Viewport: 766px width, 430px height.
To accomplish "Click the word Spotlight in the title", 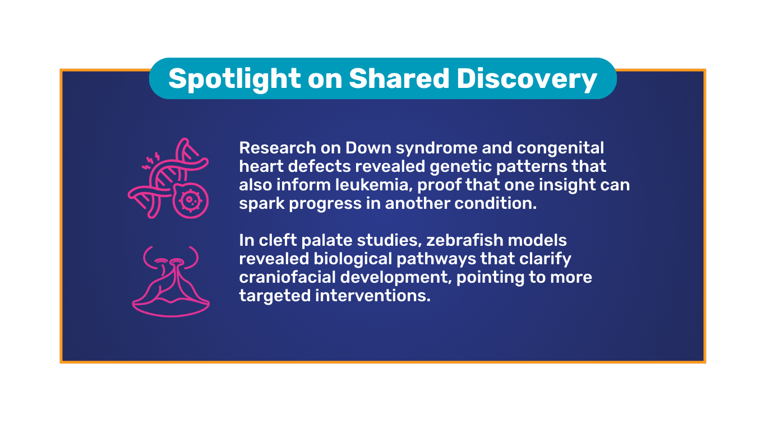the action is pyautogui.click(x=234, y=80).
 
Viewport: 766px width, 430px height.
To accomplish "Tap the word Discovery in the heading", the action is pyautogui.click(x=527, y=80).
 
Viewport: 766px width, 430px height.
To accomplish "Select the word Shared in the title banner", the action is pyautogui.click(x=399, y=78).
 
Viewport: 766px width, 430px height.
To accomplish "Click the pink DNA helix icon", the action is pyautogui.click(x=168, y=177).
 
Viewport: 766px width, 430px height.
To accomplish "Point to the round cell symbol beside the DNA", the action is pyautogui.click(x=191, y=200).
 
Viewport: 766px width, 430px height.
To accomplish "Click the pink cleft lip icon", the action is pyautogui.click(x=171, y=282).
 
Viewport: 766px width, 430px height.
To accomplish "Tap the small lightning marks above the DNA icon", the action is pyautogui.click(x=151, y=161).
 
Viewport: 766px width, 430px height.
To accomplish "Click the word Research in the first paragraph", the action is pyautogui.click(x=278, y=148).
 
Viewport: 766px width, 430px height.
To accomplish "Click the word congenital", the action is pyautogui.click(x=560, y=148).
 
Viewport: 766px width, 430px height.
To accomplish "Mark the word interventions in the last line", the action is pyautogui.click(x=373, y=296).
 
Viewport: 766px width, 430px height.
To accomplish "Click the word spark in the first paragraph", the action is pyautogui.click(x=262, y=204).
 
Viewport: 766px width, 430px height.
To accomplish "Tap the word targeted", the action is pyautogui.click(x=275, y=296).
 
